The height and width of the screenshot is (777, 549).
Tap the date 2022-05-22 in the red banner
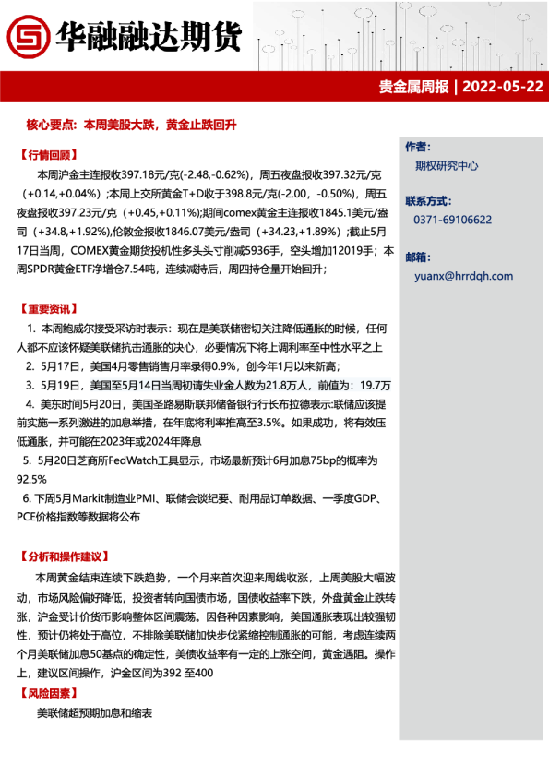tap(503, 88)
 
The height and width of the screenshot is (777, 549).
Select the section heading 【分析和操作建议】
tap(64, 557)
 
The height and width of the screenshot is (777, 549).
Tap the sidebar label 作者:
tap(417, 147)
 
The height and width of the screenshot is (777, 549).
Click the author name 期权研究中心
tap(447, 166)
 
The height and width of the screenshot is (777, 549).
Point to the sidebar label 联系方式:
tap(427, 200)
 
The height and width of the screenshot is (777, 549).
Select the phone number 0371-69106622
tap(453, 220)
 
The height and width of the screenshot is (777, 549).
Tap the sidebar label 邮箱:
tap(417, 256)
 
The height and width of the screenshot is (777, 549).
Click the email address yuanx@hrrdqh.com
tap(463, 275)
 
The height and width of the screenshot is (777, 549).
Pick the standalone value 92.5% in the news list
tap(31, 479)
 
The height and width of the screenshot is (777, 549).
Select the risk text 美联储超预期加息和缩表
tap(94, 713)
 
